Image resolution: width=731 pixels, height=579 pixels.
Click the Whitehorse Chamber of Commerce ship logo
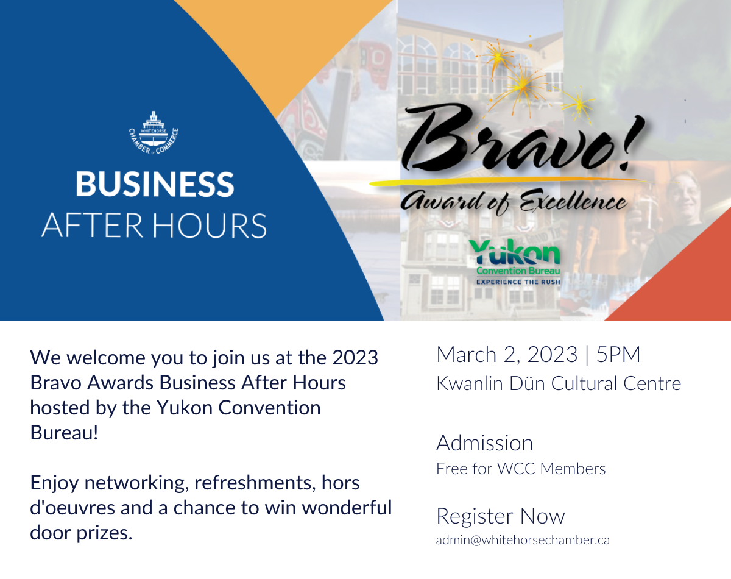click(154, 133)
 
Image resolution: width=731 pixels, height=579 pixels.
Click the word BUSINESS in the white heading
click(155, 184)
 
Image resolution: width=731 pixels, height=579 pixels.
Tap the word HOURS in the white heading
click(210, 226)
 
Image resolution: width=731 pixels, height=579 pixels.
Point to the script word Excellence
click(573, 201)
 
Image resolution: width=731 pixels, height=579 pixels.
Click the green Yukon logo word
click(515, 252)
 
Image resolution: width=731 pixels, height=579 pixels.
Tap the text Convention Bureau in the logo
click(518, 271)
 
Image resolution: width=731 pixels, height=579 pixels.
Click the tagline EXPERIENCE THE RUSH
click(518, 282)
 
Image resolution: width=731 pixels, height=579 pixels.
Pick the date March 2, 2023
click(507, 355)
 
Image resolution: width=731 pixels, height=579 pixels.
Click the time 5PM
click(618, 354)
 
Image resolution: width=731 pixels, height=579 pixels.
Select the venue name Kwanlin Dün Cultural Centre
click(559, 383)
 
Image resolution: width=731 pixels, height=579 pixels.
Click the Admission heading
click(485, 443)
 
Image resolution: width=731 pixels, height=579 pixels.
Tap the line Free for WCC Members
click(521, 469)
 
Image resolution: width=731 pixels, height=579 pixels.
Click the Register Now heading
click(500, 516)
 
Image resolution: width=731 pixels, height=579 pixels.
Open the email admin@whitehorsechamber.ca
click(523, 540)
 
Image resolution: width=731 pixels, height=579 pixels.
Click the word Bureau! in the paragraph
click(64, 433)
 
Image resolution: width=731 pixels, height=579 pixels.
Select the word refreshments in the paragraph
click(253, 483)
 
